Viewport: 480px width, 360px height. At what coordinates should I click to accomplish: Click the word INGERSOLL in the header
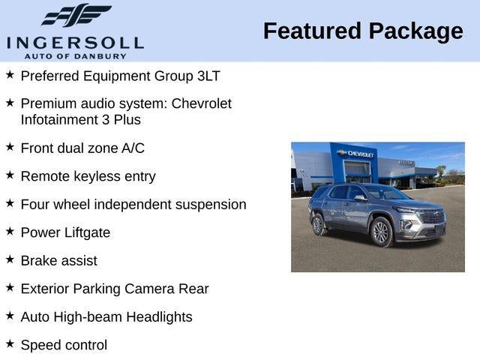pyautogui.click(x=75, y=42)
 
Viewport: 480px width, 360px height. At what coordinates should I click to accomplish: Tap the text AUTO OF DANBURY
pyautogui.click(x=75, y=55)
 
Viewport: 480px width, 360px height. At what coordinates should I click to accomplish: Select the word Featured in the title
pyautogui.click(x=310, y=31)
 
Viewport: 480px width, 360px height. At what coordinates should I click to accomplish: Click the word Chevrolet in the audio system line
pyautogui.click(x=202, y=103)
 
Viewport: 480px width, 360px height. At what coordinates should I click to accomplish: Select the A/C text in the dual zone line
pyautogui.click(x=133, y=148)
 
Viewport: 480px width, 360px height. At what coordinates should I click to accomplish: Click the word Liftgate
pyautogui.click(x=85, y=232)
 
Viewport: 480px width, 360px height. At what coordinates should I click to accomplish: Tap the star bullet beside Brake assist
pyautogui.click(x=10, y=259)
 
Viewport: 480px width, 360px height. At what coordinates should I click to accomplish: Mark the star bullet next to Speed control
pyautogui.click(x=10, y=343)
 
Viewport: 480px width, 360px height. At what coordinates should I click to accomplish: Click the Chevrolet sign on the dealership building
pyautogui.click(x=358, y=154)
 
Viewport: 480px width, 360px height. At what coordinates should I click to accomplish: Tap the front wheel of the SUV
pyautogui.click(x=381, y=232)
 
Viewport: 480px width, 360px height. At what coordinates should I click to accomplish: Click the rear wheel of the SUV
pyautogui.click(x=318, y=224)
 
